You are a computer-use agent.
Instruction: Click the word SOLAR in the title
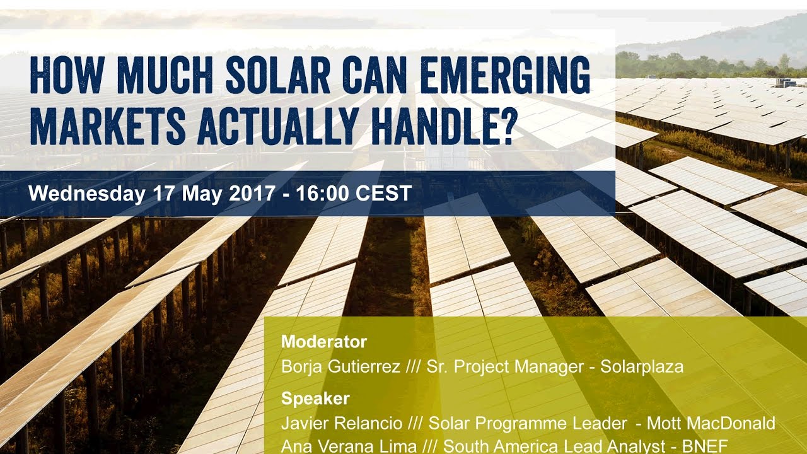coord(277,75)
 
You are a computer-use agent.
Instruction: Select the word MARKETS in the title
coord(108,126)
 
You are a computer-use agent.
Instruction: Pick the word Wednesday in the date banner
coord(87,194)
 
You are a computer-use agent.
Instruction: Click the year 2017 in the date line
coord(252,194)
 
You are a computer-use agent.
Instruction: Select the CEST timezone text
coord(383,194)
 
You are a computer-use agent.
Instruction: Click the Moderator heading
coord(324,342)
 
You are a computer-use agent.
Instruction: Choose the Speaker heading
coord(315,399)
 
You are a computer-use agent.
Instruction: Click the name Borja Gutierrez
coord(340,367)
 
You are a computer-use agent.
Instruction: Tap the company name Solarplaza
coord(642,367)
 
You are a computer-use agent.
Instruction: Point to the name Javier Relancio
coord(342,423)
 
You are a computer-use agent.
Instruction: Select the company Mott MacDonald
coord(711,423)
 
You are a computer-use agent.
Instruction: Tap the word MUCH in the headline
coord(165,75)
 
